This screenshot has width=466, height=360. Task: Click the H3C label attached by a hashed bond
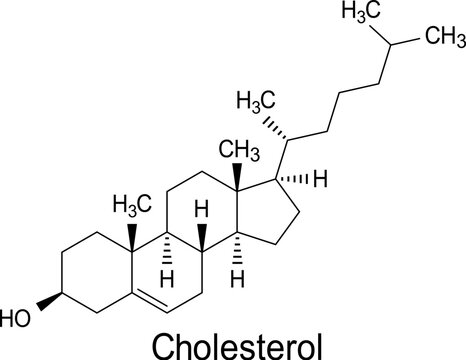[256, 101]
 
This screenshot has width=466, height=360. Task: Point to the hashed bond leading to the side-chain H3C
[272, 121]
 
